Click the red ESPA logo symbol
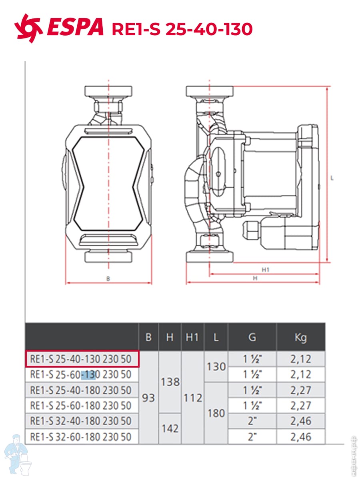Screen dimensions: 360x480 click(x=28, y=28)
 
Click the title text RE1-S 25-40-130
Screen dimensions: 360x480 click(x=182, y=29)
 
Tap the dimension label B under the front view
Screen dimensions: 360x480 click(x=108, y=279)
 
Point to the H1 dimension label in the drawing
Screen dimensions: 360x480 click(x=266, y=270)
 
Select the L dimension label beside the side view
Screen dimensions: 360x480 click(x=332, y=178)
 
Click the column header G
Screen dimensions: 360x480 click(x=252, y=337)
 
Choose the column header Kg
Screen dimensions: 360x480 click(x=300, y=338)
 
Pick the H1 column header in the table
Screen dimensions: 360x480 click(x=192, y=337)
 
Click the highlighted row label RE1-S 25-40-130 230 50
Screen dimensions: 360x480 click(x=81, y=359)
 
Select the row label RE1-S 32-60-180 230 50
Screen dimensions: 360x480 click(x=81, y=437)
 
